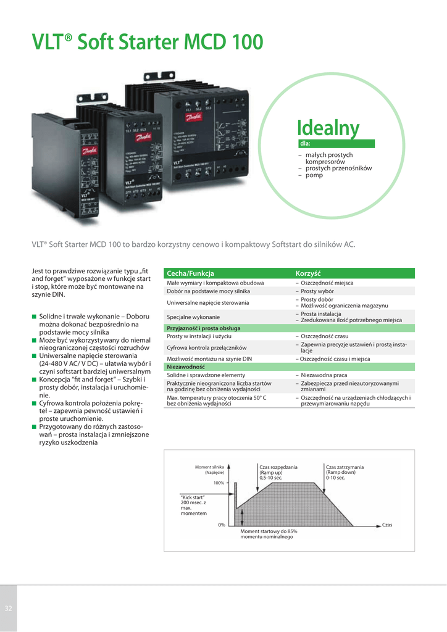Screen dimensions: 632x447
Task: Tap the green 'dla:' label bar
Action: (336, 144)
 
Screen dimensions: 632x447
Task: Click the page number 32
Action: (9, 609)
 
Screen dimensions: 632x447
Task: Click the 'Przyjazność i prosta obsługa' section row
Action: (204, 328)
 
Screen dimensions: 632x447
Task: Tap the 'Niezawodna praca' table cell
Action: (324, 375)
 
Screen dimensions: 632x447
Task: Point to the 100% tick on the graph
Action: (219, 483)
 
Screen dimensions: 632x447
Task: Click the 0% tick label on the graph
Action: (222, 525)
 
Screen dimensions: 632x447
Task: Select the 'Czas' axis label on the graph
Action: (387, 525)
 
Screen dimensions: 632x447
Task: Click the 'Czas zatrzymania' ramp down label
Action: (345, 472)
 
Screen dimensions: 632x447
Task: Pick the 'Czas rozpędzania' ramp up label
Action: (278, 472)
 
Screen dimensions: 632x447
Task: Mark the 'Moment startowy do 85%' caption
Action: (269, 534)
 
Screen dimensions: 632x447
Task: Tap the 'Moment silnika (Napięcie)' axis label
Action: (209, 470)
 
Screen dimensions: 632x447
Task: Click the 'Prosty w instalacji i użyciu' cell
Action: (199, 336)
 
